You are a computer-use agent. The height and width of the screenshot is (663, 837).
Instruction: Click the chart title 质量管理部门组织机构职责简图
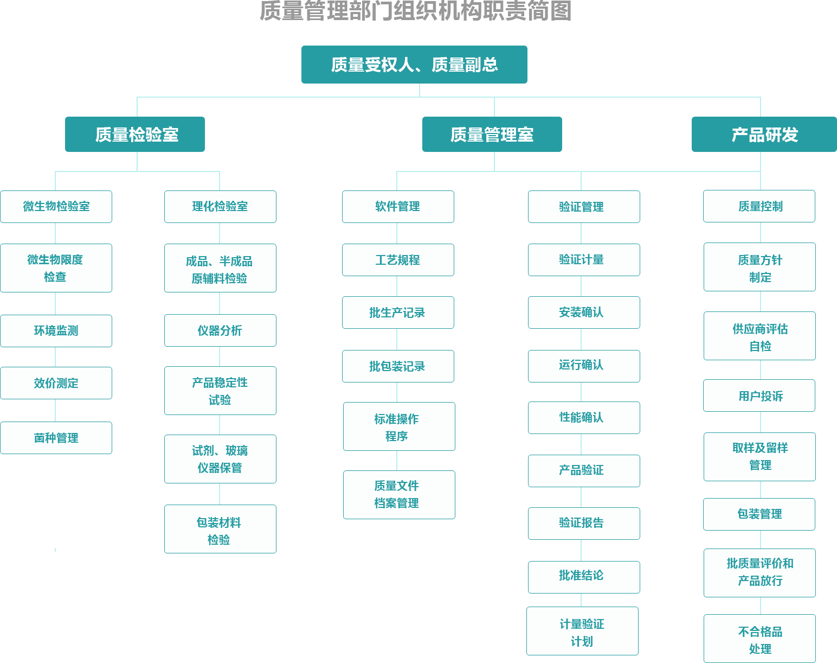click(x=415, y=11)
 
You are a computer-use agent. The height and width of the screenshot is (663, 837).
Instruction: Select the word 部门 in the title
click(x=371, y=11)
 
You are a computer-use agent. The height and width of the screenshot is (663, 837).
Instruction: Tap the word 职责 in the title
click(x=504, y=11)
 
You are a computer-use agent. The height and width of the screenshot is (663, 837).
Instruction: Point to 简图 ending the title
click(x=549, y=11)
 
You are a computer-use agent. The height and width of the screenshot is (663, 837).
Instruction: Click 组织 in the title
click(x=415, y=11)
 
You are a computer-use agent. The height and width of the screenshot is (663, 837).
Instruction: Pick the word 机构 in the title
click(x=460, y=11)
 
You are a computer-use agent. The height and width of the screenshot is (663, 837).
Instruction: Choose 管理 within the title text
click(x=326, y=11)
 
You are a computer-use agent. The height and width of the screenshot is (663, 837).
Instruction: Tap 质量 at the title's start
click(x=282, y=11)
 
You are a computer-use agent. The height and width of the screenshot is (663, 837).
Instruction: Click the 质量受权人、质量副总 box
click(x=414, y=65)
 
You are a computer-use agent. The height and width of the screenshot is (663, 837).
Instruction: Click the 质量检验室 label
click(x=137, y=135)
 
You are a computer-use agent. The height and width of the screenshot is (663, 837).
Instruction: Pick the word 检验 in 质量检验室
click(x=145, y=135)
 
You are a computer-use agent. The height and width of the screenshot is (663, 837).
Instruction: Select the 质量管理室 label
click(x=492, y=135)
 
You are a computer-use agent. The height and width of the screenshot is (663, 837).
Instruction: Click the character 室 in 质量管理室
click(x=525, y=135)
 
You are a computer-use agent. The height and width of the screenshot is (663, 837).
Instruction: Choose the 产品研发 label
click(x=764, y=135)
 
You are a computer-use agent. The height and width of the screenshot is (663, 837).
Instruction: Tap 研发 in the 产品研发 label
click(x=781, y=135)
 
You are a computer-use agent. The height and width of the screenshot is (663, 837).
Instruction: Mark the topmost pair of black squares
click(x=583, y=233)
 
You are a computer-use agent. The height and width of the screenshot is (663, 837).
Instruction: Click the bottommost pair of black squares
click(x=583, y=550)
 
